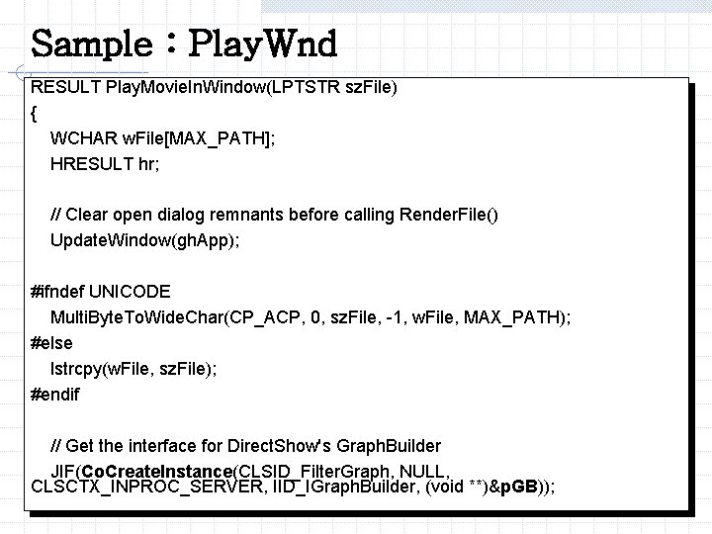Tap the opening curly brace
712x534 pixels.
[x=36, y=113]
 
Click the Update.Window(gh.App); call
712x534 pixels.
[x=145, y=240]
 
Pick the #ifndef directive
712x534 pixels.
[x=57, y=292]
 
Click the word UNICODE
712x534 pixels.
[x=130, y=292]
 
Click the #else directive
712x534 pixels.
[x=51, y=343]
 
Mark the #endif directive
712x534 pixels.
[x=55, y=395]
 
